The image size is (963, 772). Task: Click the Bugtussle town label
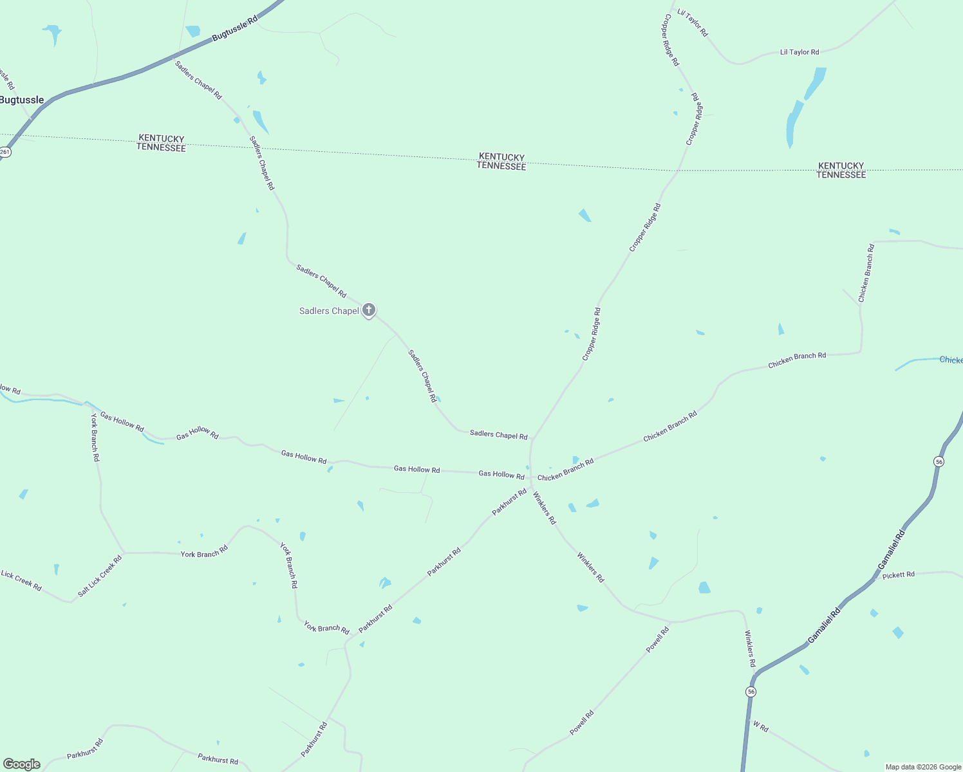(x=22, y=100)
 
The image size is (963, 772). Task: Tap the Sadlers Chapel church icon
(x=369, y=311)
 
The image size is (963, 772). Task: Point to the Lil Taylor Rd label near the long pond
(x=799, y=52)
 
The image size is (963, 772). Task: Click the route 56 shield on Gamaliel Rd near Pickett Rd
(x=939, y=462)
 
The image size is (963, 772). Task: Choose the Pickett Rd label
(x=898, y=575)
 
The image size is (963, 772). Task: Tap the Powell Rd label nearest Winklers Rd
(x=658, y=639)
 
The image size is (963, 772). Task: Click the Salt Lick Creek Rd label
(x=100, y=576)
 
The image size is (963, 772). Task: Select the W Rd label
(x=761, y=727)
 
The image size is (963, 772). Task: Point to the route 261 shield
(x=5, y=152)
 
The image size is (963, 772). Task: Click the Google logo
(x=22, y=764)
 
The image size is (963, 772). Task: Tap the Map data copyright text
(x=923, y=767)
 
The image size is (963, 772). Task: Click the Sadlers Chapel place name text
(x=329, y=311)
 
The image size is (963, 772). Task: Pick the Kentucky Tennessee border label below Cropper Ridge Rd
(x=501, y=161)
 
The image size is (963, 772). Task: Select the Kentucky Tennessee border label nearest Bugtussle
(x=161, y=143)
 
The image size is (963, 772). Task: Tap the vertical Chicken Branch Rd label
(x=866, y=273)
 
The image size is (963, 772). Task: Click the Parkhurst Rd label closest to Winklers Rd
(x=509, y=502)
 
